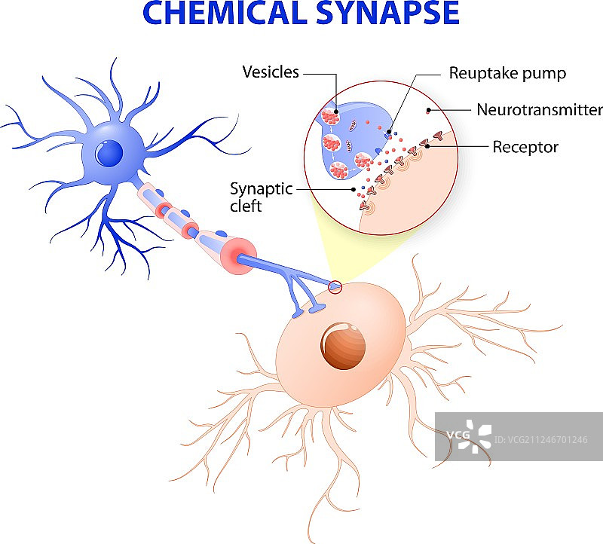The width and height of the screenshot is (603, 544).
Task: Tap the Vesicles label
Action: click(271, 72)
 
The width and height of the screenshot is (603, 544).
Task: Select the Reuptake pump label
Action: click(507, 73)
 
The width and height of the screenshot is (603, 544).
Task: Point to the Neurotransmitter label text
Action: click(539, 110)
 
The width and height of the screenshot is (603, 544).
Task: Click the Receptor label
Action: click(525, 147)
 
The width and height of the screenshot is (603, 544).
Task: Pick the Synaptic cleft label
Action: click(261, 196)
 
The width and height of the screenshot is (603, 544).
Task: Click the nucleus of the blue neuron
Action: click(110, 154)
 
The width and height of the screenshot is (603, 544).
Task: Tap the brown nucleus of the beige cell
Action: click(344, 345)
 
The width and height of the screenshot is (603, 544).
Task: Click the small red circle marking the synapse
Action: click(335, 286)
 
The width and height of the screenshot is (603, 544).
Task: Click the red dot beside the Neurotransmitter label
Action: click(428, 111)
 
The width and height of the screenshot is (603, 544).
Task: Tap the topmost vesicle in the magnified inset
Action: click(329, 118)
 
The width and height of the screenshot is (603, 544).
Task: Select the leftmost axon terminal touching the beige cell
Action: click(299, 310)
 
